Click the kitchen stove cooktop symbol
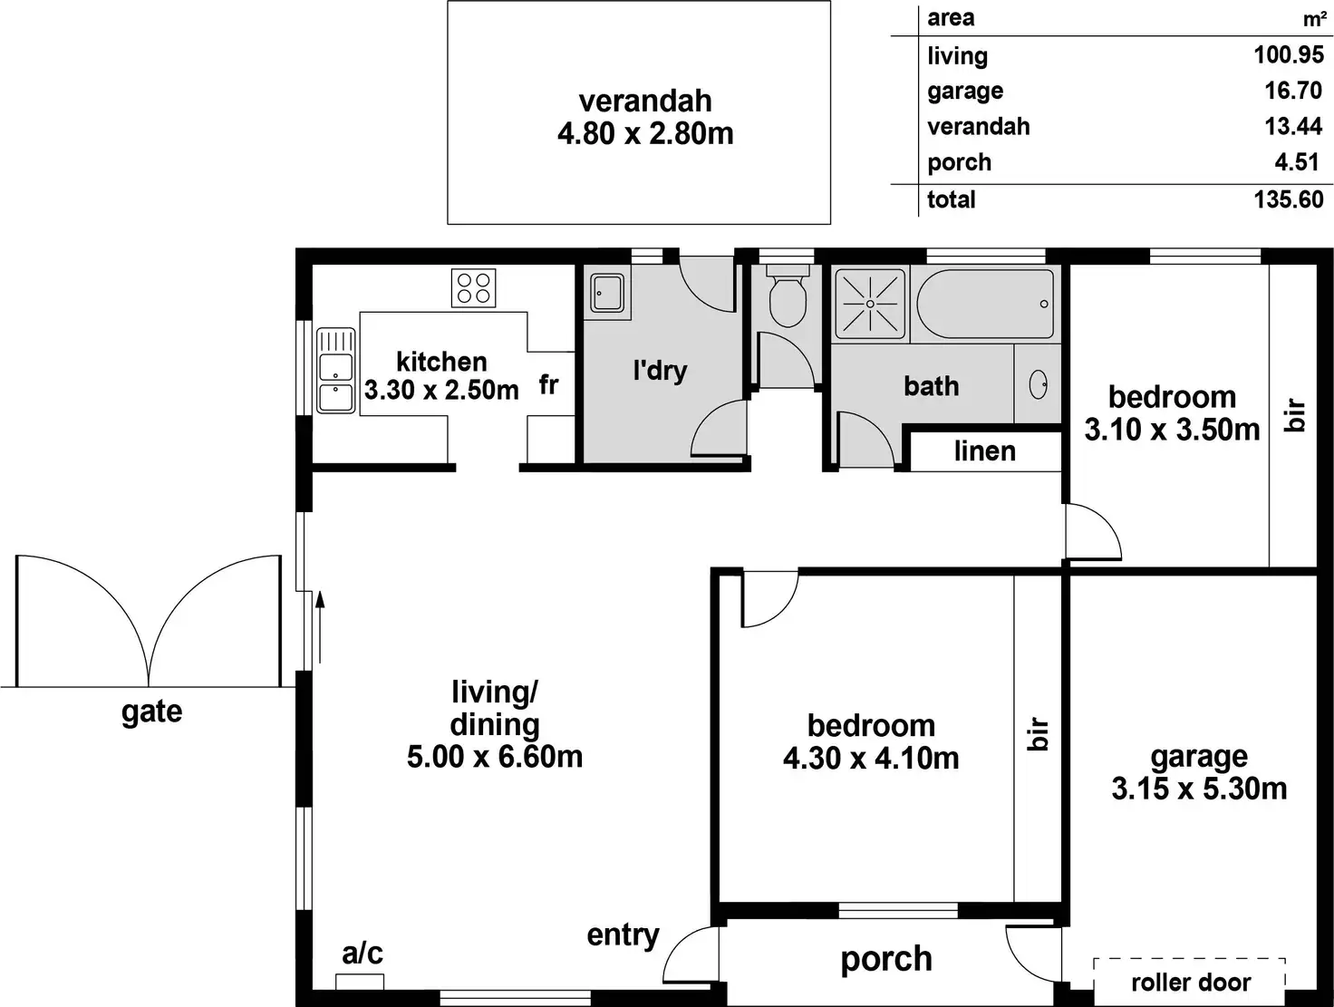tap(473, 288)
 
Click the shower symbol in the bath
tap(869, 303)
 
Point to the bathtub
tap(985, 304)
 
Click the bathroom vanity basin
tap(1039, 385)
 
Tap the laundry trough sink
tap(606, 293)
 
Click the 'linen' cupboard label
tap(984, 451)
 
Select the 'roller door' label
tap(1190, 982)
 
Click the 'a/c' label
tap(362, 953)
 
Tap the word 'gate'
tap(151, 712)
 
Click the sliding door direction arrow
tap(319, 625)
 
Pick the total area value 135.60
tap(1288, 199)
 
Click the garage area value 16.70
tap(1293, 91)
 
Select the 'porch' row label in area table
tap(959, 163)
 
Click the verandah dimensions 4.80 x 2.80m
tap(645, 134)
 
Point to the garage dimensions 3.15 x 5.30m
tap(1199, 789)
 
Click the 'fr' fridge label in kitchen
tap(548, 385)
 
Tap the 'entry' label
tap(623, 934)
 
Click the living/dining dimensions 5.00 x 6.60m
tap(495, 757)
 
